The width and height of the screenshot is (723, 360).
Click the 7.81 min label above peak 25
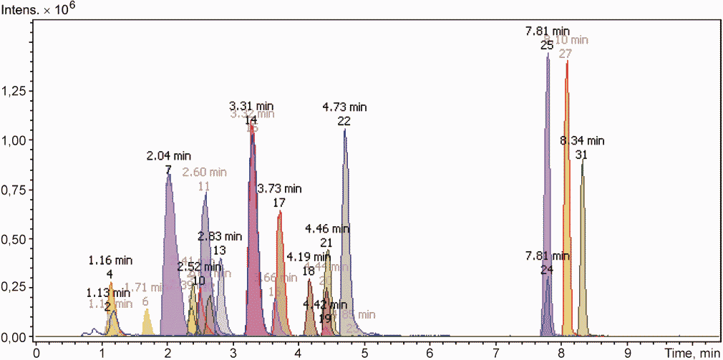coord(547,31)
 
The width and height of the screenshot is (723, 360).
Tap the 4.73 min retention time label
coord(344,107)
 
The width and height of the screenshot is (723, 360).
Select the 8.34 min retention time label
coord(582,141)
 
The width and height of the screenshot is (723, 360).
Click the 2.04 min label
coord(168,156)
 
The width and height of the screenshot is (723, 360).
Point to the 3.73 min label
coord(279,189)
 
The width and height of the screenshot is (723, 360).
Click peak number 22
coord(344,121)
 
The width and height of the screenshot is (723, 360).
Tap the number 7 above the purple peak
coord(168,170)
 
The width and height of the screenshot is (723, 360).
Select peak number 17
coord(279,203)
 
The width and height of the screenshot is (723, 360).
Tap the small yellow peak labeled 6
coord(147,326)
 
